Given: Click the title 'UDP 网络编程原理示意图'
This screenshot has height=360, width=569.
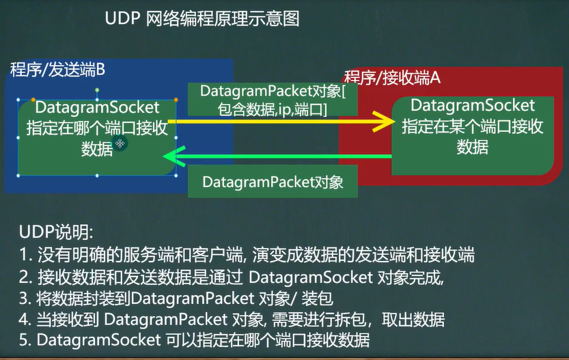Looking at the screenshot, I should point(202,18).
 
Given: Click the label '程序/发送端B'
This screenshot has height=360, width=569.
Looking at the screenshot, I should point(57,70).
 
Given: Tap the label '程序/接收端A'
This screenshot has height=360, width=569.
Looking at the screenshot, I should point(391,77).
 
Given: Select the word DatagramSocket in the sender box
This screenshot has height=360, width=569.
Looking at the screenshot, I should point(97,108).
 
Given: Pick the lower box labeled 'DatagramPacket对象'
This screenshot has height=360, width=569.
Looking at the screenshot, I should point(272,182).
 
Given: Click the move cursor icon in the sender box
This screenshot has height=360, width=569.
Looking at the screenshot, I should point(120,143).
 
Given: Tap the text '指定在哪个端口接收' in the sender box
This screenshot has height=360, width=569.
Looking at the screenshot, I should point(97,128).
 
